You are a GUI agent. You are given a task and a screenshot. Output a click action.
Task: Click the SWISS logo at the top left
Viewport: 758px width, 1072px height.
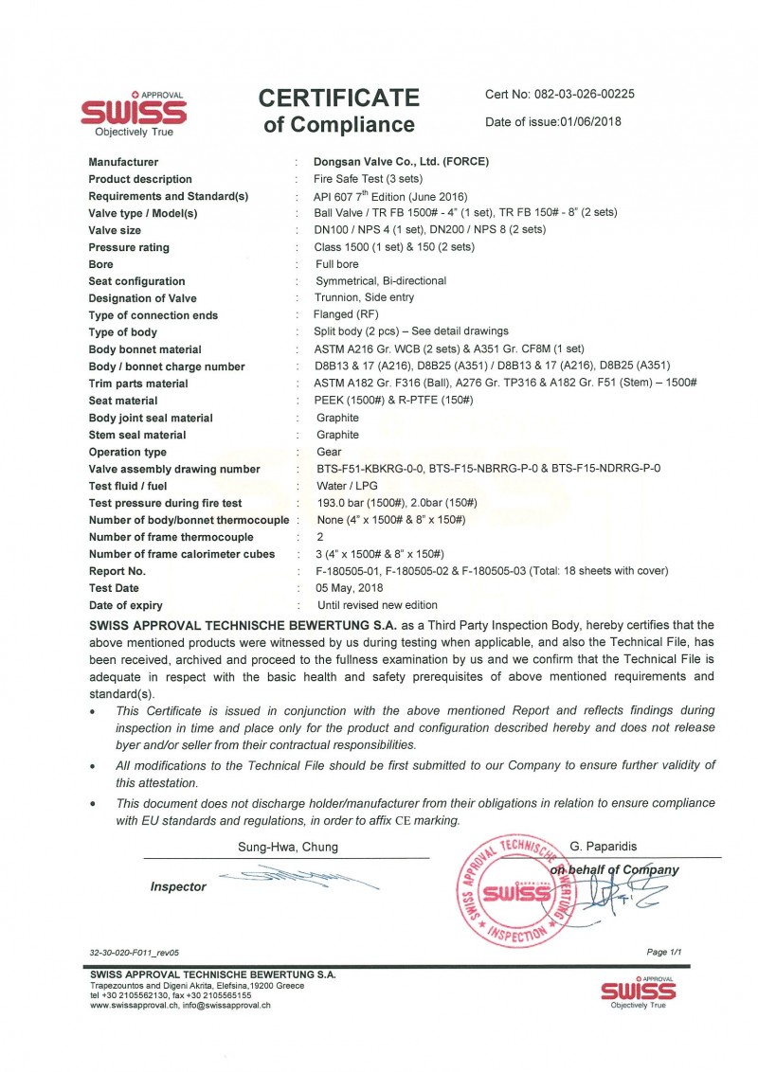pyautogui.click(x=134, y=115)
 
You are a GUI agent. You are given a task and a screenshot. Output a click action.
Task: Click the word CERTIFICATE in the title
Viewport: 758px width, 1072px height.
pyautogui.click(x=338, y=98)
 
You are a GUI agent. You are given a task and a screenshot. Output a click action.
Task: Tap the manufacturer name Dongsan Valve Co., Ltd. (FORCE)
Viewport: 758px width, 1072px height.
pyautogui.click(x=402, y=162)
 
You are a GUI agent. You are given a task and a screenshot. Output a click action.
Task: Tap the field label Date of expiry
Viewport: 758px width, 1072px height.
pyautogui.click(x=125, y=605)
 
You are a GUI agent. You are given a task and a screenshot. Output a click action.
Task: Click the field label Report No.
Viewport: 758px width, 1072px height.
pyautogui.click(x=117, y=571)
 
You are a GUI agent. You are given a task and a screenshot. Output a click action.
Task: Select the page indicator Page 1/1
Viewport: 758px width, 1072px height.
pyautogui.click(x=663, y=952)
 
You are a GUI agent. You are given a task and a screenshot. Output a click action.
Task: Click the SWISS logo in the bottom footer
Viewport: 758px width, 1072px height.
pyautogui.click(x=638, y=992)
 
